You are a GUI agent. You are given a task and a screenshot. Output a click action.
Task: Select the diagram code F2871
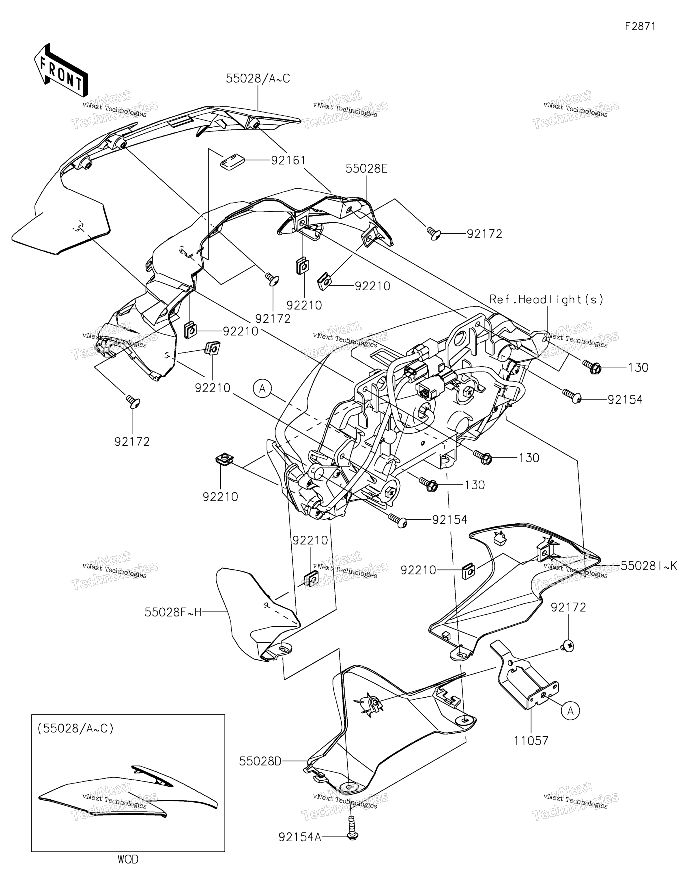(x=640, y=26)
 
